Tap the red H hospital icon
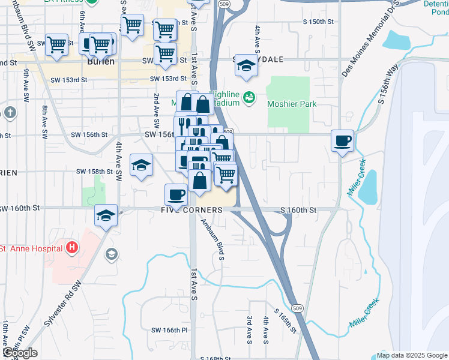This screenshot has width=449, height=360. [x=72, y=247]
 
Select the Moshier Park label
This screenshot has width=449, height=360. [x=292, y=104]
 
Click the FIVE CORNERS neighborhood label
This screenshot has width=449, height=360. [x=191, y=210]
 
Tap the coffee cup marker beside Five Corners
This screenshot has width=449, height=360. [x=176, y=194]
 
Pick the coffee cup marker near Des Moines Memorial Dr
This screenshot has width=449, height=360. [x=343, y=140]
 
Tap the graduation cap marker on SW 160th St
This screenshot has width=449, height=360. [x=106, y=215]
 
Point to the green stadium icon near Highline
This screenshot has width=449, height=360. [x=250, y=97]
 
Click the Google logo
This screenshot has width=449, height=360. [x=20, y=353]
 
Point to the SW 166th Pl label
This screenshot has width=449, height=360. [x=170, y=330]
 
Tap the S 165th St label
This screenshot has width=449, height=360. [x=286, y=322]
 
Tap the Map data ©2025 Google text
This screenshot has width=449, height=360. [x=411, y=355]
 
